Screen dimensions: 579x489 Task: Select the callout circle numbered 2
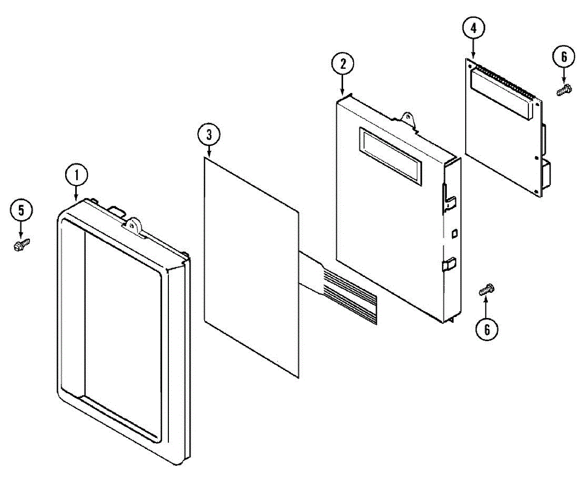point(343,64)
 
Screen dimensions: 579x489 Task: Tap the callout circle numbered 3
point(208,135)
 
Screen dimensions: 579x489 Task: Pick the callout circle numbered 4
point(473,28)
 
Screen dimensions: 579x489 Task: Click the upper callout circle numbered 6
point(563,57)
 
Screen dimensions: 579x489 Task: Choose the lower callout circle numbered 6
point(486,330)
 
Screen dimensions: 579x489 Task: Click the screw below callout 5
point(21,245)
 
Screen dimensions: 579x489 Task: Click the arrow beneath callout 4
point(473,48)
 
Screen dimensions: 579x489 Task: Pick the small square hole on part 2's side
point(454,234)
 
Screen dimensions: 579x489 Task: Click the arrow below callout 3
point(208,151)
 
